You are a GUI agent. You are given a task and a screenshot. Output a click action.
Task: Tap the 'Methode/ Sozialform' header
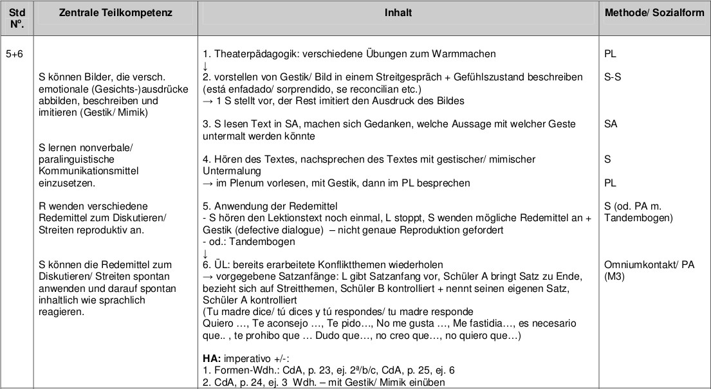654,12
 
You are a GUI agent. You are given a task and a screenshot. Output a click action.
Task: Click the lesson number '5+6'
15,55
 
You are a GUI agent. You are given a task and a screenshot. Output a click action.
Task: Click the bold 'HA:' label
212,359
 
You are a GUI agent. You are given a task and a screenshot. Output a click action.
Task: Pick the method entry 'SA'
611,124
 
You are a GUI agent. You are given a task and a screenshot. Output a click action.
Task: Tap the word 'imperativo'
247,359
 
